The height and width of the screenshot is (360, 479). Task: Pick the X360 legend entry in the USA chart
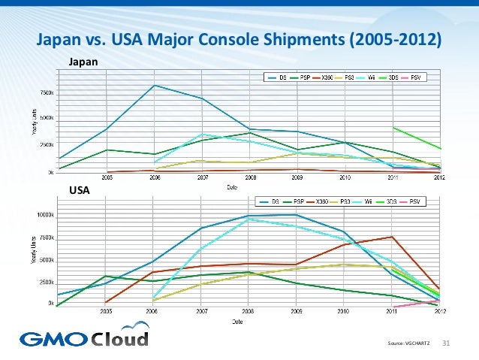pyautogui.click(x=321, y=201)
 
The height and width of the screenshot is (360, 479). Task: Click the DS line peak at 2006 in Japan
pyautogui.click(x=154, y=85)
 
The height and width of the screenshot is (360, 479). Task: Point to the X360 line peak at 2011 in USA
pyautogui.click(x=391, y=237)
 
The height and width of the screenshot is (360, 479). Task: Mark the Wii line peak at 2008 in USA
pyautogui.click(x=249, y=219)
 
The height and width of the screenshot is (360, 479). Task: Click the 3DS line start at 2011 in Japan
pyautogui.click(x=392, y=127)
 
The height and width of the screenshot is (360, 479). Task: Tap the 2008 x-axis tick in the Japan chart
pyautogui.click(x=249, y=178)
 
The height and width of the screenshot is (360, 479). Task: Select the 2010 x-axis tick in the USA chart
pyautogui.click(x=343, y=309)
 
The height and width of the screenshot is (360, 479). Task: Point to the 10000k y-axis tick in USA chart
pyautogui.click(x=44, y=216)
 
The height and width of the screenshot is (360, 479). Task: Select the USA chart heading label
pyautogui.click(x=79, y=191)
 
